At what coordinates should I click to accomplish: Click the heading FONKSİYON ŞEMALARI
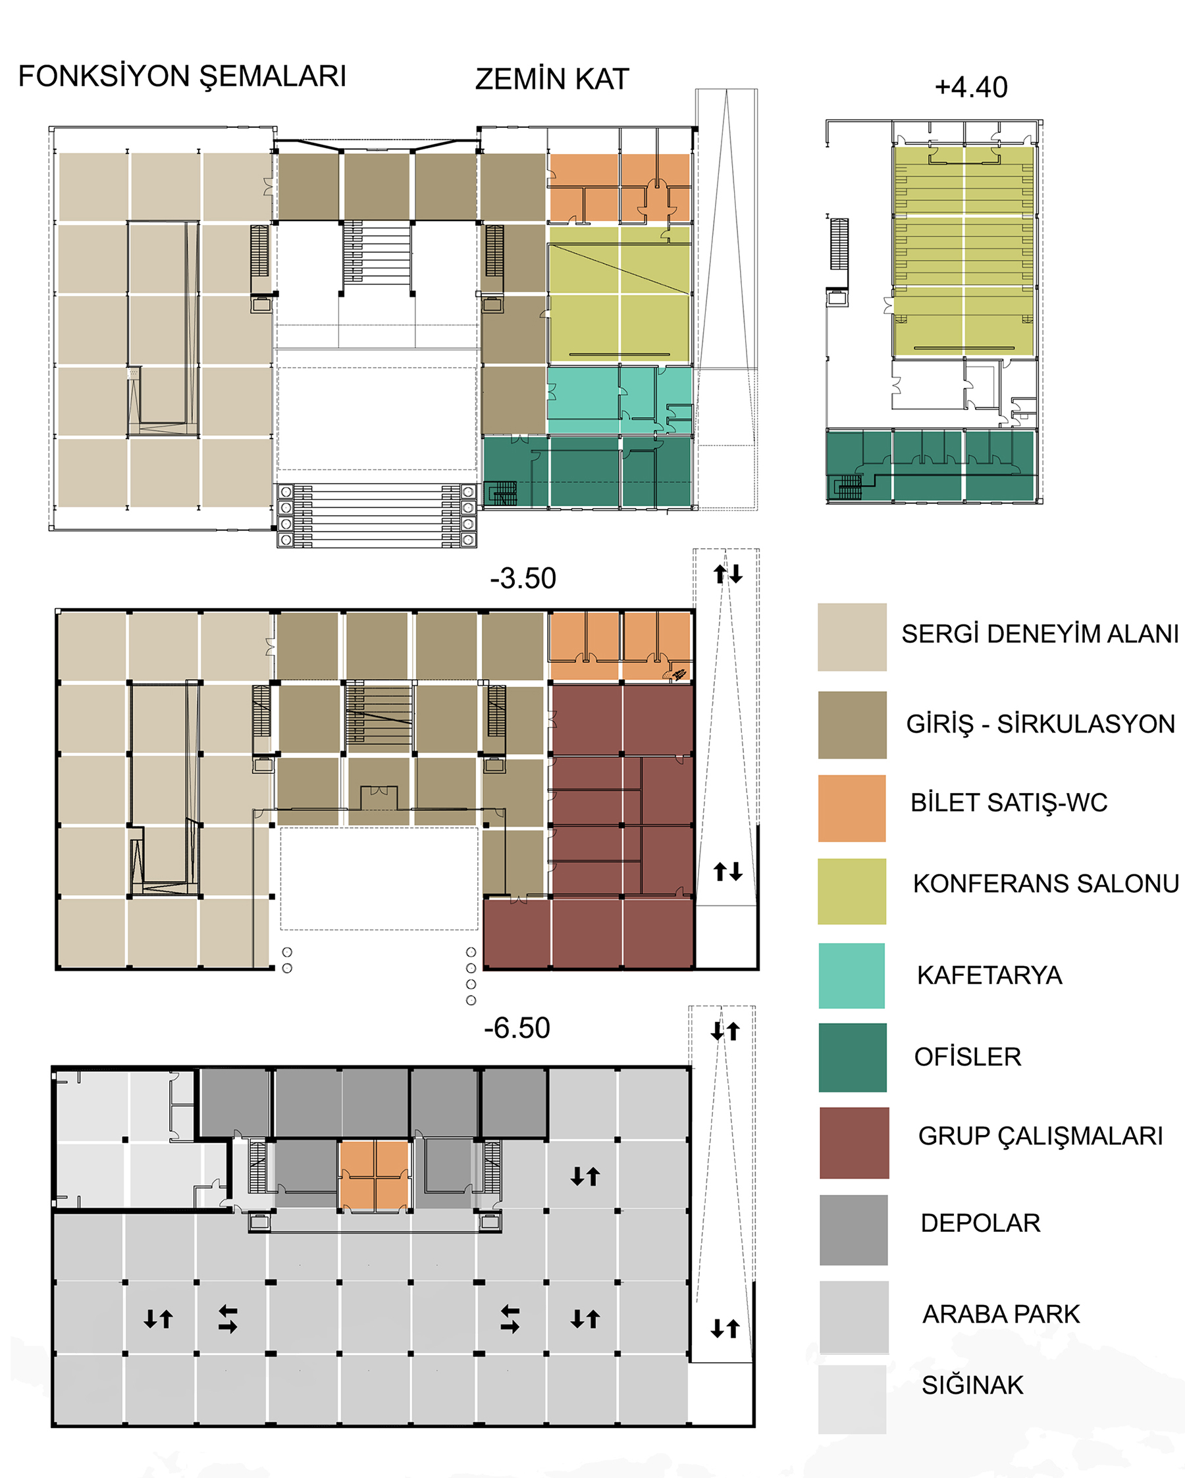tap(182, 77)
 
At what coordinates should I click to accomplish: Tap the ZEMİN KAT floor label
tap(552, 80)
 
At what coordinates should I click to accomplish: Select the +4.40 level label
tap(971, 88)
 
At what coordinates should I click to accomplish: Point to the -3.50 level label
tap(523, 578)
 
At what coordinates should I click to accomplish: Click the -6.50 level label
tap(517, 1029)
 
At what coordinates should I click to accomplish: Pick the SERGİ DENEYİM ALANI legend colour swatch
tap(852, 637)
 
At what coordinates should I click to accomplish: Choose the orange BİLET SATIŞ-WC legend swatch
tap(852, 808)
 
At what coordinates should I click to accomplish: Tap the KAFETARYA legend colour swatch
tap(852, 975)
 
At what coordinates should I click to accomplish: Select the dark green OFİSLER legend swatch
tap(853, 1058)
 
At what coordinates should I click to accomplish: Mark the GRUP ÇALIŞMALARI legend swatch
tap(854, 1143)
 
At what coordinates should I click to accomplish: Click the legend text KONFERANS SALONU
tap(1046, 884)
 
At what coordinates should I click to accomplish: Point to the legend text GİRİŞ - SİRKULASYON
tap(1040, 724)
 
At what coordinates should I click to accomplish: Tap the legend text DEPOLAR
tap(981, 1223)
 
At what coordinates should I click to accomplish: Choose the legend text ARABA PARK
tap(1001, 1314)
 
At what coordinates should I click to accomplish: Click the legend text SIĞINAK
tap(972, 1385)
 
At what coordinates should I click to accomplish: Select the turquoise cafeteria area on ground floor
tap(619, 400)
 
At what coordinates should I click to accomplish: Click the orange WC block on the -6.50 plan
tap(375, 1175)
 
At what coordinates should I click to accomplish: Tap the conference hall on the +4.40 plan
tap(964, 251)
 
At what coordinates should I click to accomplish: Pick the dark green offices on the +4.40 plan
tap(931, 465)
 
